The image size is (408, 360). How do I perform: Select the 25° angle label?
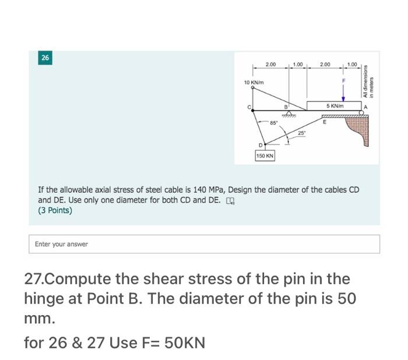click(x=301, y=133)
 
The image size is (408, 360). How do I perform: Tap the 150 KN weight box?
click(x=265, y=156)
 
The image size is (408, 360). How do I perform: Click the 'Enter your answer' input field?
click(x=204, y=244)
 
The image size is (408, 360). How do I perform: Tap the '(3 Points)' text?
click(x=55, y=211)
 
